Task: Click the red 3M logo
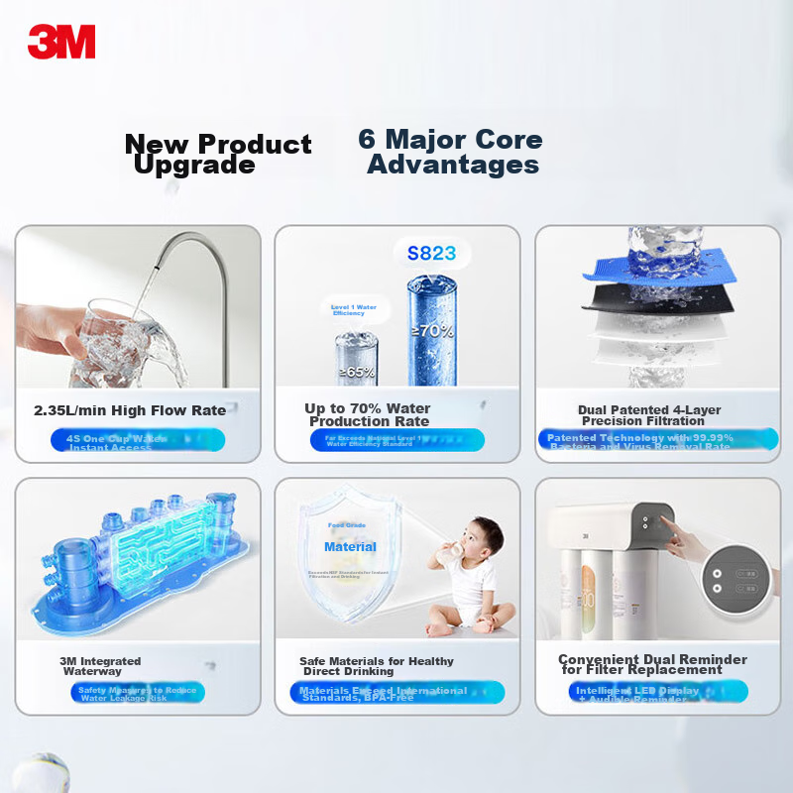click(x=61, y=42)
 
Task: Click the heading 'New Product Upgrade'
click(x=218, y=154)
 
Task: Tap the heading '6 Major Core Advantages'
click(x=451, y=152)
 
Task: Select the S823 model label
click(x=432, y=253)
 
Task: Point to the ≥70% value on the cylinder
click(x=434, y=330)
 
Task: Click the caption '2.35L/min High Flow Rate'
click(x=130, y=410)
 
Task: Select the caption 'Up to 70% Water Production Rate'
click(x=367, y=414)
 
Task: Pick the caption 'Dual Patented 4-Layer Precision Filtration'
click(x=649, y=415)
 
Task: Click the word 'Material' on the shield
click(x=350, y=546)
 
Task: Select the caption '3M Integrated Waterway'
click(x=100, y=666)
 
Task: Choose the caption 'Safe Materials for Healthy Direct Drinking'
click(x=377, y=666)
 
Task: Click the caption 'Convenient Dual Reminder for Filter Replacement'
click(x=652, y=664)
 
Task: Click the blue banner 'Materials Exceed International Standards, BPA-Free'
click(x=396, y=693)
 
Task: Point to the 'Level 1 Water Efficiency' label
click(x=354, y=310)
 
